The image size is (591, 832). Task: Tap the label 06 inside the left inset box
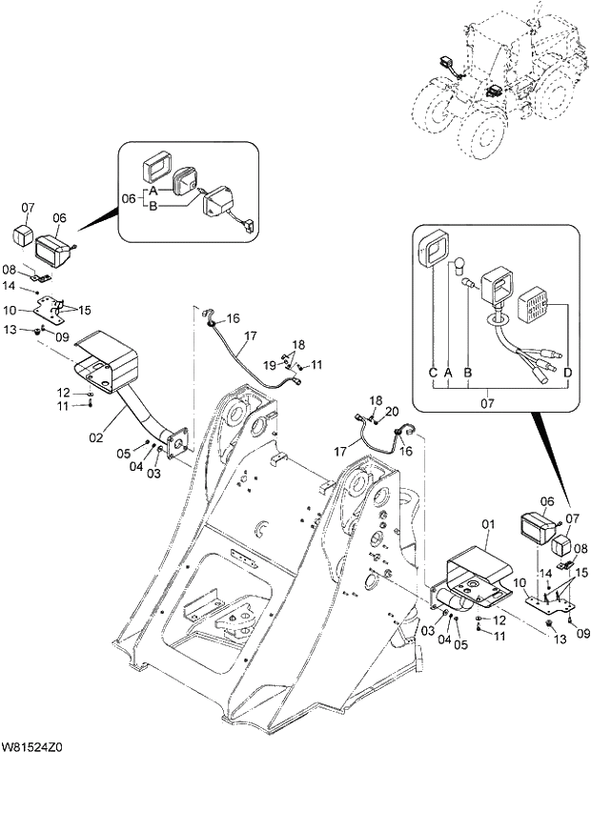coord(132,198)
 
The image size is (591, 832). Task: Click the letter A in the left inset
coord(152,191)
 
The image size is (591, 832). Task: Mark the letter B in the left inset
coord(152,205)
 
